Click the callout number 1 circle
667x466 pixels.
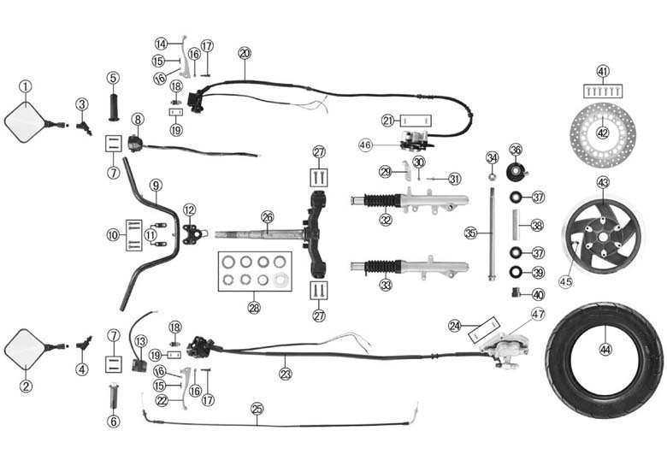coord(26,86)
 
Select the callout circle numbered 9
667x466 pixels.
coord(155,185)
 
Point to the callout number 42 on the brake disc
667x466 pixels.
coord(603,133)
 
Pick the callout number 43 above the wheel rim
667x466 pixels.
coord(603,182)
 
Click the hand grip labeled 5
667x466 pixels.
coord(113,109)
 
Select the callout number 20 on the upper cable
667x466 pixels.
coord(245,53)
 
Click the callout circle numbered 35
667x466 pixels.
coord(470,233)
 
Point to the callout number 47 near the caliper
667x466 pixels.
coord(537,314)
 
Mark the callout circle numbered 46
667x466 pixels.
coord(366,146)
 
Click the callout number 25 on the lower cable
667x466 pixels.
coord(257,408)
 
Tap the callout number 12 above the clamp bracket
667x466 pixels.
coord(189,209)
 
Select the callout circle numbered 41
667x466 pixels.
coord(603,71)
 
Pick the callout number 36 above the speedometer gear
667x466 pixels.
coord(516,150)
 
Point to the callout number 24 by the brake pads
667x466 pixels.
coord(455,325)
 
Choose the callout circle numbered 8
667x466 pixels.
coord(138,119)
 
